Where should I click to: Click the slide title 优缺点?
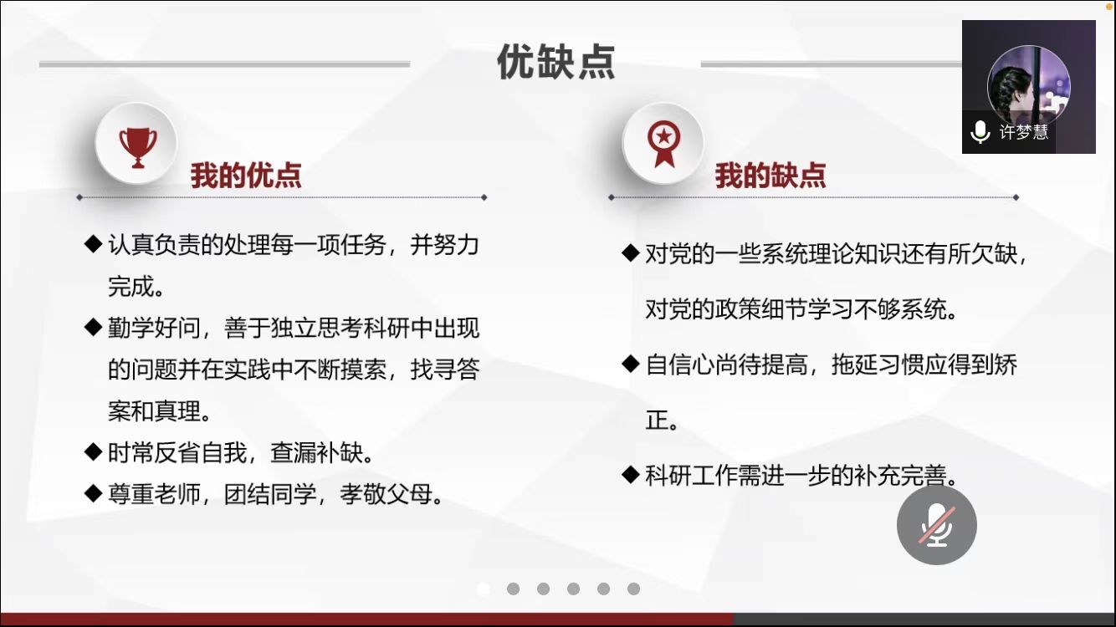click(556, 62)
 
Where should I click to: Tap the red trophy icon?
click(138, 147)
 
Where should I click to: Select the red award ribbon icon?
click(663, 144)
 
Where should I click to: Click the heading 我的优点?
click(246, 176)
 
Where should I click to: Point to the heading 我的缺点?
click(770, 176)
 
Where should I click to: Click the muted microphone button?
click(937, 525)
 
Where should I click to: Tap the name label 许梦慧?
click(1023, 131)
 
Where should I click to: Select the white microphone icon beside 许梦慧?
click(980, 132)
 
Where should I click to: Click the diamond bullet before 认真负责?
click(93, 244)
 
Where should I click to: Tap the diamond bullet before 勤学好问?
click(93, 327)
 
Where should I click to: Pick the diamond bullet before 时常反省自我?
click(93, 451)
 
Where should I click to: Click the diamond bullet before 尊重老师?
click(93, 493)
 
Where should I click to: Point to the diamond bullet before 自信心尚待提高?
click(631, 364)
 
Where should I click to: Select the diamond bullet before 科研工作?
click(631, 474)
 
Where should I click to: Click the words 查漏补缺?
click(316, 453)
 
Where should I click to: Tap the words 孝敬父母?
click(387, 495)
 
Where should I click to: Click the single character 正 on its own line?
click(657, 420)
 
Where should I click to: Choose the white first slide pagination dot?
click(483, 589)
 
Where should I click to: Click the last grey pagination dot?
click(634, 589)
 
